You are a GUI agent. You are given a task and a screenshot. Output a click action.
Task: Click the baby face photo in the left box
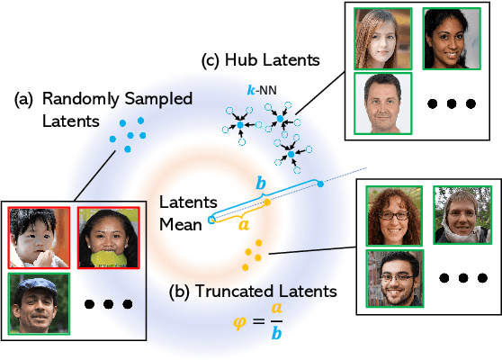click(37, 238)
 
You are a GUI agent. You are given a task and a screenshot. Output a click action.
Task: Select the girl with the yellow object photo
click(106, 238)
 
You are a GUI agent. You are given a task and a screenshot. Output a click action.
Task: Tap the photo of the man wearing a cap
click(37, 303)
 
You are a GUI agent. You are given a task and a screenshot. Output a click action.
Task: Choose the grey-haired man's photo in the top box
click(381, 103)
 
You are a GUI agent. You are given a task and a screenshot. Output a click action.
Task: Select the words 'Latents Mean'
click(184, 211)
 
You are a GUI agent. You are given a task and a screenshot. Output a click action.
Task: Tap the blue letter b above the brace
click(262, 183)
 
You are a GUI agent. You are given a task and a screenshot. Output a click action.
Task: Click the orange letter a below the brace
click(243, 228)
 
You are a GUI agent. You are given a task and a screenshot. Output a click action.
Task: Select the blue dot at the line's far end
click(320, 184)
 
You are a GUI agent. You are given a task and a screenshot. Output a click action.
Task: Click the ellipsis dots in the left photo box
click(107, 304)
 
